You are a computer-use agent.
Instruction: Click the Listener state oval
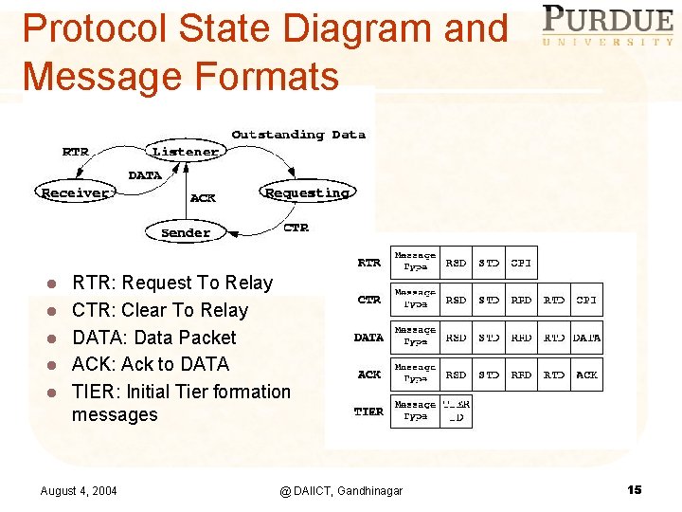point(186,152)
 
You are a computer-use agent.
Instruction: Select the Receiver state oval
point(76,192)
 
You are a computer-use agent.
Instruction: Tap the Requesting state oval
point(307,192)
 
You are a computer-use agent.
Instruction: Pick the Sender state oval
point(186,232)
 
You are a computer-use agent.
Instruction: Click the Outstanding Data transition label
point(298,135)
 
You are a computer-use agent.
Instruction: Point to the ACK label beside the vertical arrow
point(203,198)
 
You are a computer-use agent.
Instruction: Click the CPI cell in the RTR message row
point(522,263)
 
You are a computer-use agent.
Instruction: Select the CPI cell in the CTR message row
point(586,300)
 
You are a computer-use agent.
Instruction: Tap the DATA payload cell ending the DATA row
point(586,337)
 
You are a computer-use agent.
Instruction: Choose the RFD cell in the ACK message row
point(522,375)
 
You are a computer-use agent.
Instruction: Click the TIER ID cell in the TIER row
point(457,411)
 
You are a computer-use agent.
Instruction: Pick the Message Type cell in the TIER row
point(415,411)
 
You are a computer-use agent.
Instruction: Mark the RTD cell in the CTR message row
point(554,300)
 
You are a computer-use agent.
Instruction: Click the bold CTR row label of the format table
point(368,300)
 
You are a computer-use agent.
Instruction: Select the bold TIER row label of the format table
point(368,411)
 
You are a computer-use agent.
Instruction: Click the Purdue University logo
point(607,25)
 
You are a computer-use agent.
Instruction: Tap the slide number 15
point(634,489)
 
